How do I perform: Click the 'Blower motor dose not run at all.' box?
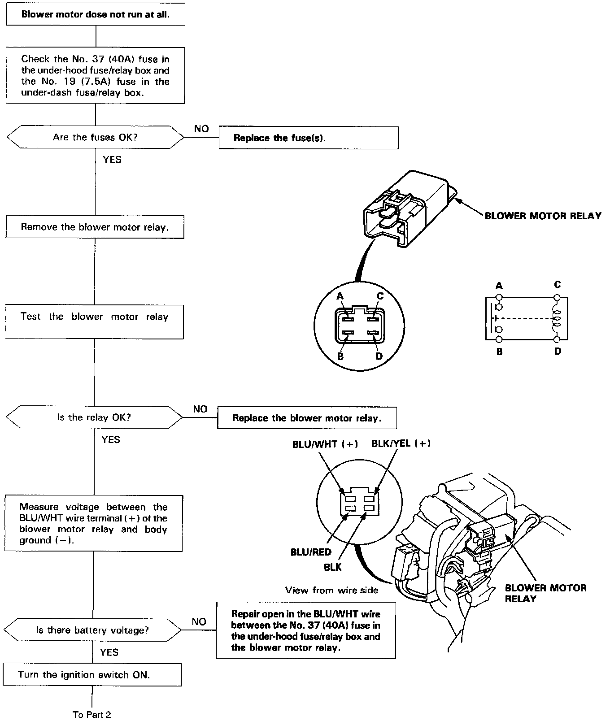point(96,14)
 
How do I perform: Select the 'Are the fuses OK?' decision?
point(95,137)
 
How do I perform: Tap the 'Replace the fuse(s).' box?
point(308,138)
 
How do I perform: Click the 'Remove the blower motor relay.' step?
point(95,227)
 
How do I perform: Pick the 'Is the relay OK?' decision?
point(94,417)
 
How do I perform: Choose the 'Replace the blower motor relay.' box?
point(307,418)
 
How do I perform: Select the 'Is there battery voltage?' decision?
point(92,630)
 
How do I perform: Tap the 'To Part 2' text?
point(91,714)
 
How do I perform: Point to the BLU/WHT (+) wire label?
point(325,444)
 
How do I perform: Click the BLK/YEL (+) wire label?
point(401,443)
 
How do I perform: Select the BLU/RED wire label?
point(311,552)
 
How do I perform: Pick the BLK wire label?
point(332,567)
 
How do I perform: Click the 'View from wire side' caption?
point(332,590)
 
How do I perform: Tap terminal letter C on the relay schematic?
point(557,285)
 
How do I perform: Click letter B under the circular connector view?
point(340,357)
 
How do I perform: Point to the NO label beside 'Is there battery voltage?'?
point(199,621)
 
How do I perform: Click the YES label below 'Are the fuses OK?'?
point(112,159)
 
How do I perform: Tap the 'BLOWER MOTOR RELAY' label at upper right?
point(543,216)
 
